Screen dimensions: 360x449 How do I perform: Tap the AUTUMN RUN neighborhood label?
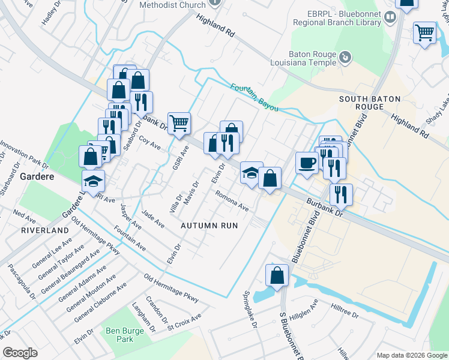click(x=209, y=226)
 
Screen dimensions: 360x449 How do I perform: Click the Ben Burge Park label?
click(x=119, y=335)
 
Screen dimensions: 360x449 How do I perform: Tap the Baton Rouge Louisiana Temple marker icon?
click(x=345, y=57)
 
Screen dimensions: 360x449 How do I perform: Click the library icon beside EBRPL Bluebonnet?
click(x=391, y=17)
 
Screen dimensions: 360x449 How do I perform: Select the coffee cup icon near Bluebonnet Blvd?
click(x=307, y=163)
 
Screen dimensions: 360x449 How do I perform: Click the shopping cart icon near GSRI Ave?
click(x=179, y=124)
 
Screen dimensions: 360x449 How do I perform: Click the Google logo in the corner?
click(x=20, y=353)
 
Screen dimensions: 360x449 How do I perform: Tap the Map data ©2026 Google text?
click(x=411, y=355)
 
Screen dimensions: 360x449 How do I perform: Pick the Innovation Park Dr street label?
click(x=24, y=154)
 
